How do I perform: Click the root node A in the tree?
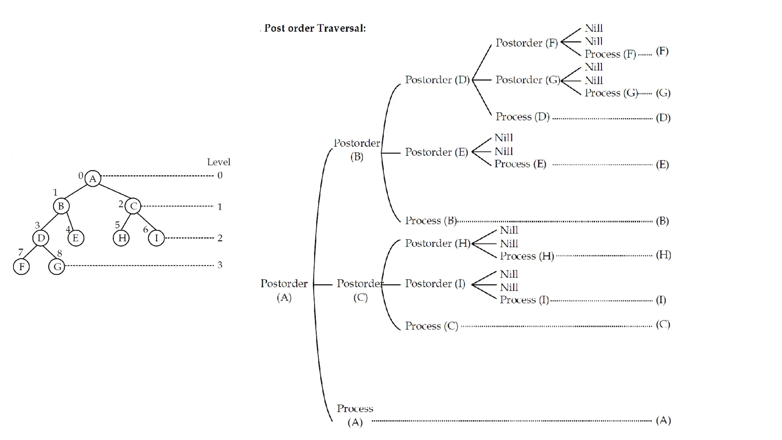[93, 178]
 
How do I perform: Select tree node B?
[61, 206]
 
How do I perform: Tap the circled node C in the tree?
[133, 206]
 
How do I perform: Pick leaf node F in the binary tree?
[21, 266]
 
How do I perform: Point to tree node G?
[57, 266]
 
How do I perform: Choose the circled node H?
[121, 238]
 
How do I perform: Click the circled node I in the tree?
[156, 238]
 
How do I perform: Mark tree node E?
[76, 238]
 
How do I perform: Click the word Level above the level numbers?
[218, 162]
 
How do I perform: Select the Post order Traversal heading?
[315, 28]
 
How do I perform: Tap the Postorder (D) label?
[437, 80]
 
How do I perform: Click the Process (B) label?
[431, 220]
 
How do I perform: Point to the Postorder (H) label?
[438, 243]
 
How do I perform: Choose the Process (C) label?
[431, 326]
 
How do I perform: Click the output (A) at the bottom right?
[663, 420]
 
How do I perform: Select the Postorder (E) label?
[436, 152]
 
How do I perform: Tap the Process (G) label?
[611, 93]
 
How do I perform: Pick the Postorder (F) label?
[527, 43]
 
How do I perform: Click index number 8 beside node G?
[60, 253]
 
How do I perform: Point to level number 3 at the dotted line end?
[220, 265]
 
